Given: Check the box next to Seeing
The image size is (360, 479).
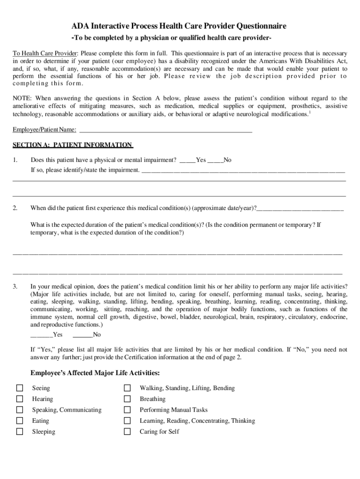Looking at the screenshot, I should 20,388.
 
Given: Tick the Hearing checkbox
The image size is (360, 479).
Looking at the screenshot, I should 20,399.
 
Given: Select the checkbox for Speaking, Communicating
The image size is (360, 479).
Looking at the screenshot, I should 20,410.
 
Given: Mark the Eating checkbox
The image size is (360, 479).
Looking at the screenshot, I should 20,421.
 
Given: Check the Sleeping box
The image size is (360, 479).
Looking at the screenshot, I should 20,431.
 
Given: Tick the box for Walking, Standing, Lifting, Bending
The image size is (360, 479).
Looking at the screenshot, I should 127,388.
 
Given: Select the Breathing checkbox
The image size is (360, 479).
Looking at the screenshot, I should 127,399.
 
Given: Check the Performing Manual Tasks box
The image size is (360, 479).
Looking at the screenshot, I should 127,410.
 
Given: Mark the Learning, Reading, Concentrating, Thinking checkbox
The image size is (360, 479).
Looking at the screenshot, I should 127,421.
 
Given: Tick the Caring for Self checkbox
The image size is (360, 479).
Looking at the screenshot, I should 127,431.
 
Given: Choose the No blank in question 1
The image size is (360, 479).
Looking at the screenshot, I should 215,161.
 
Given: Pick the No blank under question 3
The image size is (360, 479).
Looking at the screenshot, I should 82,335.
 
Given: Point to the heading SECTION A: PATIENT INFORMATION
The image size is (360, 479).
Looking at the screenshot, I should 72,145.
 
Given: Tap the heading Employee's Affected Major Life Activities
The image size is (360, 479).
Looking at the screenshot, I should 95,373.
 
